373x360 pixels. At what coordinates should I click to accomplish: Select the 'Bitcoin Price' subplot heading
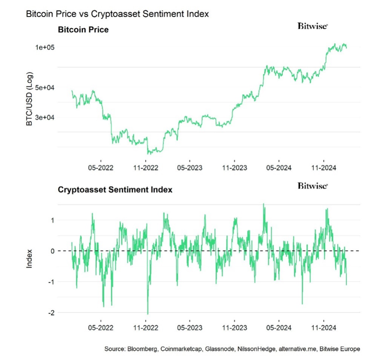(x=83, y=29)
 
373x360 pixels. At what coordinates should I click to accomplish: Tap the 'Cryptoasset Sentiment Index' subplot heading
(x=115, y=189)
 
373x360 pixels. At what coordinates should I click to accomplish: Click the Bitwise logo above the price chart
(x=313, y=26)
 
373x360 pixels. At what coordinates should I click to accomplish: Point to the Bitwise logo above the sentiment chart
(x=313, y=185)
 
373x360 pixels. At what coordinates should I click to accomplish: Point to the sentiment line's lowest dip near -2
(x=147, y=313)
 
